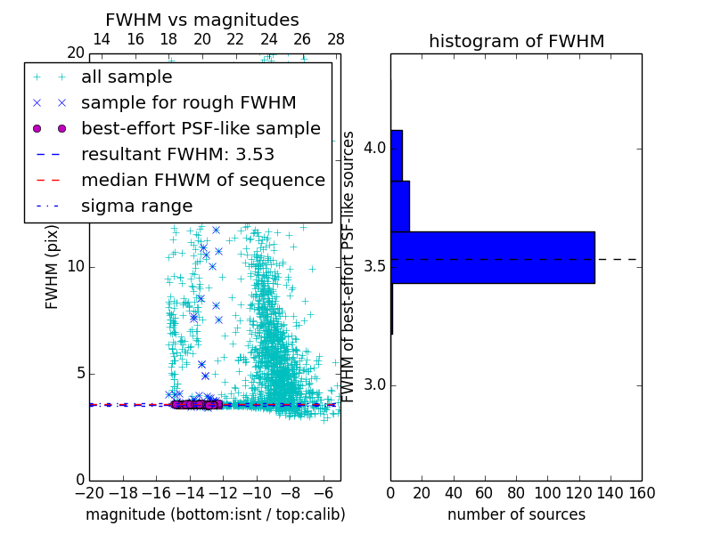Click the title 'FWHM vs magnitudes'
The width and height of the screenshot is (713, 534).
202,20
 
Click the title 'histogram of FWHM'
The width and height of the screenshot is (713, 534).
516,41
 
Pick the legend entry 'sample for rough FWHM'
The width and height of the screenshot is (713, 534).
188,102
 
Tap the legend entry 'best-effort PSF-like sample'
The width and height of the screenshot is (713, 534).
201,128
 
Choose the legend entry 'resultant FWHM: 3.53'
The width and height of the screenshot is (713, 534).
177,154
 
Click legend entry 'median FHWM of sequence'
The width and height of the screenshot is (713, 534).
202,180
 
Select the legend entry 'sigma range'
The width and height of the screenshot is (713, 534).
136,206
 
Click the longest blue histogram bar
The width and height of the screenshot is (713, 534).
492,257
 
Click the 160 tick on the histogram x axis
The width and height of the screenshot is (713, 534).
642,493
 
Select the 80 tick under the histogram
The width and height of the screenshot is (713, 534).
516,493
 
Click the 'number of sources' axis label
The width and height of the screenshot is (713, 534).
516,514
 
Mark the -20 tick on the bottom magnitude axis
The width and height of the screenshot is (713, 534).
89,493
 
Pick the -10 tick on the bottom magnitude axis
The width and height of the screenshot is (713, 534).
257,493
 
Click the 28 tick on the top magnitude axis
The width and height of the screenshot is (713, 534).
336,39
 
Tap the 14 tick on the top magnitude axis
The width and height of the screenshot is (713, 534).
102,39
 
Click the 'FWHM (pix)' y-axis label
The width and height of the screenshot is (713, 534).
53,266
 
